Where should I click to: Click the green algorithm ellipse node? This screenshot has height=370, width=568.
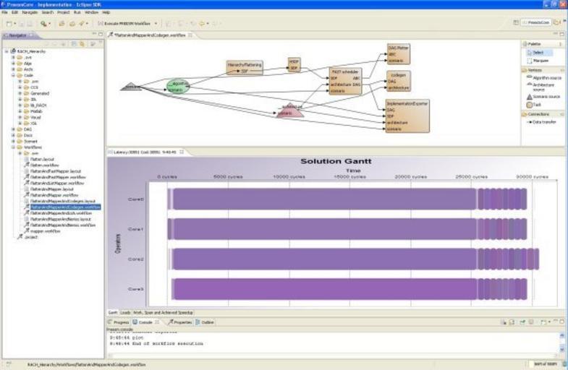pyautogui.click(x=178, y=87)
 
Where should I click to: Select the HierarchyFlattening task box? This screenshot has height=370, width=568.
pyautogui.click(x=244, y=67)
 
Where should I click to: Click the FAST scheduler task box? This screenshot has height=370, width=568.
pyautogui.click(x=345, y=81)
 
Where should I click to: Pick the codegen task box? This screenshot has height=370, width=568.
pyautogui.click(x=398, y=81)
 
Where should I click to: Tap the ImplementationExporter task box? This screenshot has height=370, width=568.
pyautogui.click(x=407, y=116)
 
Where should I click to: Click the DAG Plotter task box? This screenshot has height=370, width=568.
pyautogui.click(x=399, y=53)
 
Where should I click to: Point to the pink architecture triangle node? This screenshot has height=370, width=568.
pyautogui.click(x=289, y=110)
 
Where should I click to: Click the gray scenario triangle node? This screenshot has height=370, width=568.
pyautogui.click(x=131, y=87)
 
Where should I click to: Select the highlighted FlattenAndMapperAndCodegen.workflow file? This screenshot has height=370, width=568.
pyautogui.click(x=65, y=207)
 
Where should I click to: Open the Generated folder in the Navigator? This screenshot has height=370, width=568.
pyautogui.click(x=40, y=93)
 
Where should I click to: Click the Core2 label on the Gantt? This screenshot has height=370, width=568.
pyautogui.click(x=135, y=259)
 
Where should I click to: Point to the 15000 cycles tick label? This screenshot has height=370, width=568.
pyautogui.click(x=347, y=176)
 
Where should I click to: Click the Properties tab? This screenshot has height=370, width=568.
pyautogui.click(x=181, y=322)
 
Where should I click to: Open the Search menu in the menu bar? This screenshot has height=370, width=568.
pyautogui.click(x=47, y=12)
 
